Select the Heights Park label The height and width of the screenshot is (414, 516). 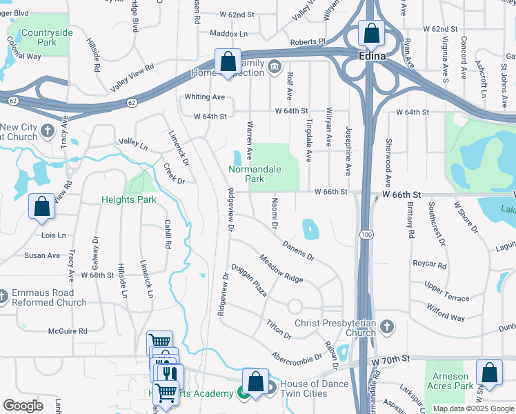[128, 199]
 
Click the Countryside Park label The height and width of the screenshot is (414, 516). [46, 37]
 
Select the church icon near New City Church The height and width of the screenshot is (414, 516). [47, 131]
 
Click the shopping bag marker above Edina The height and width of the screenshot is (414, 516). [372, 33]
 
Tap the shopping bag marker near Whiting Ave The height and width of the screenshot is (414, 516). [228, 61]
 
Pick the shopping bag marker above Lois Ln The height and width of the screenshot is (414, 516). [41, 206]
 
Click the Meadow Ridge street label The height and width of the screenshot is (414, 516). [281, 269]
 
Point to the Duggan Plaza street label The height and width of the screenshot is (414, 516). [249, 280]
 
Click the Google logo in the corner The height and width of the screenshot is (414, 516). [23, 406]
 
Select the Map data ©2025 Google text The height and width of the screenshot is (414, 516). [472, 408]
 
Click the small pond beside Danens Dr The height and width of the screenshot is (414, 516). [310, 228]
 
